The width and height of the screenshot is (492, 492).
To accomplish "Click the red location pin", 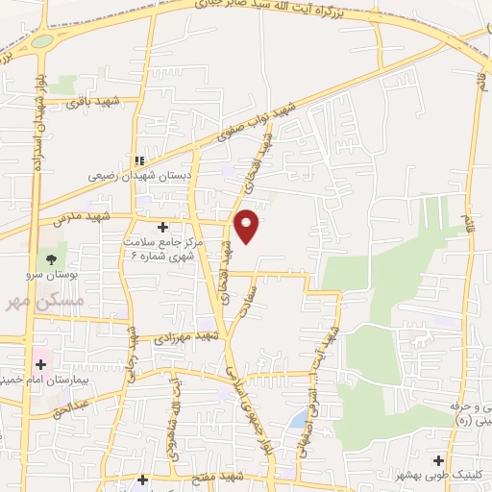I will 247,225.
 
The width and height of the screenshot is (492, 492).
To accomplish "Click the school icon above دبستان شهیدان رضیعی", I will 140,161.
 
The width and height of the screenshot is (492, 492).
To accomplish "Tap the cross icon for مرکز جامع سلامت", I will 161,228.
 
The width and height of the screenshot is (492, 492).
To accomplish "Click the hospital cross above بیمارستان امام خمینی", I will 41,363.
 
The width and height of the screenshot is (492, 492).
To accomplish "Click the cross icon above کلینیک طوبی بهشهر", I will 439,460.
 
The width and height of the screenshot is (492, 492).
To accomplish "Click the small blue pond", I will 300,417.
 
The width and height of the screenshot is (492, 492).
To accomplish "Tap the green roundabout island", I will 41,41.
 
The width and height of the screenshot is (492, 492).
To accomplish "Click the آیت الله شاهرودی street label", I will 177,409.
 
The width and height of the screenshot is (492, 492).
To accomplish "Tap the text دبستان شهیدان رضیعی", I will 141,177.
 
